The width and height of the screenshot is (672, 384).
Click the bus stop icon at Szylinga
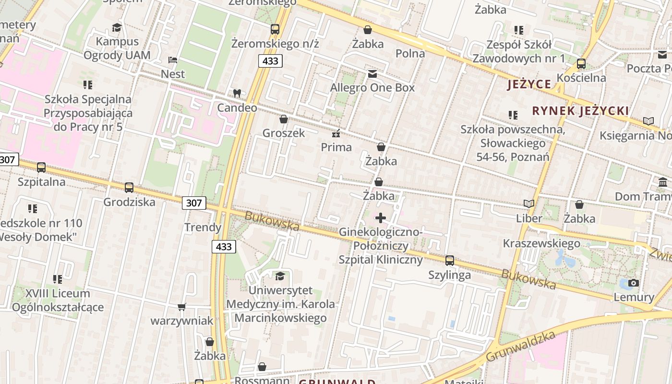[449, 260]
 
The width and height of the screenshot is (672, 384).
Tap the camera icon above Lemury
[634, 283]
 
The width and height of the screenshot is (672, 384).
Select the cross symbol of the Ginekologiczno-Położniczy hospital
[381, 218]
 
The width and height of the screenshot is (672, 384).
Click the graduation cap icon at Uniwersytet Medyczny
[280, 276]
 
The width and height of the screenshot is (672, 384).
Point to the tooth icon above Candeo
[237, 93]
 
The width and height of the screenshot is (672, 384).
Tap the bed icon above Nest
[173, 60]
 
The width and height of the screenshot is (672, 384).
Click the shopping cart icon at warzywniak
[182, 307]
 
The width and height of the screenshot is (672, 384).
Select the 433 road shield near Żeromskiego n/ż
[270, 61]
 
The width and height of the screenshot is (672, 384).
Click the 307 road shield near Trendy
[194, 203]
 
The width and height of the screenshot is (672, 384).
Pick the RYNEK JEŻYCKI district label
[580, 111]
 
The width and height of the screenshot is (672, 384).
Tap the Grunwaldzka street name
[520, 347]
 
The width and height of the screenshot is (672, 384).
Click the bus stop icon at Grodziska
[129, 188]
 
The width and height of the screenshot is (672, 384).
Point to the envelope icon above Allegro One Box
[372, 74]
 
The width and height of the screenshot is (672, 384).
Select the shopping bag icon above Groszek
[284, 119]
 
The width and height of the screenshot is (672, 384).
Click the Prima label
[336, 147]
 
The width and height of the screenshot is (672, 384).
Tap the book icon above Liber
[529, 204]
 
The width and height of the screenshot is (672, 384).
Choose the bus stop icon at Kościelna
[581, 63]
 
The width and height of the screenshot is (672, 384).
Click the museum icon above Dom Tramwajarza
[663, 182]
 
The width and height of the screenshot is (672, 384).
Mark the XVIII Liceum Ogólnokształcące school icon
[58, 279]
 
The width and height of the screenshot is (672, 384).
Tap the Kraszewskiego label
[541, 243]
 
